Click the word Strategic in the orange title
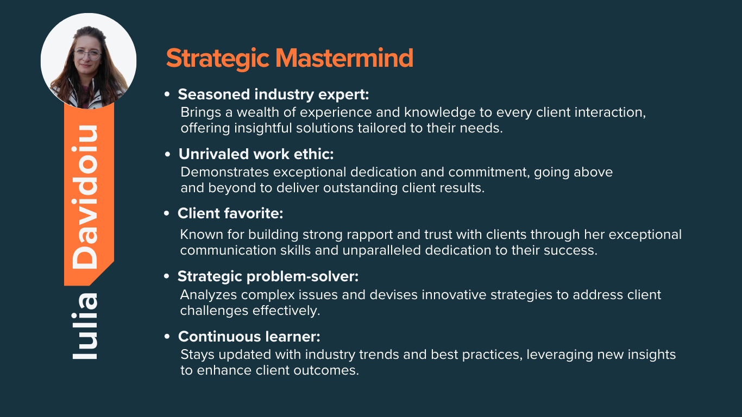pyautogui.click(x=217, y=59)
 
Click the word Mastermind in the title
pyautogui.click(x=344, y=58)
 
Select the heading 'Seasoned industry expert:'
pyautogui.click(x=273, y=94)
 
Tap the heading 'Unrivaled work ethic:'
pyautogui.click(x=256, y=154)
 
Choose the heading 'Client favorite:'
pyautogui.click(x=230, y=213)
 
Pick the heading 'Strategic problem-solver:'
pyautogui.click(x=268, y=276)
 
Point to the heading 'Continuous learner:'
pyautogui.click(x=249, y=337)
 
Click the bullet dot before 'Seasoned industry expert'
pyautogui.click(x=167, y=94)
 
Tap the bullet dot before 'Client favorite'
pyautogui.click(x=167, y=213)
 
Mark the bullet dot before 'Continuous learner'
pyautogui.click(x=167, y=337)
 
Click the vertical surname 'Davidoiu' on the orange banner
pyautogui.click(x=85, y=197)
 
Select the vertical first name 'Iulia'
pyautogui.click(x=85, y=326)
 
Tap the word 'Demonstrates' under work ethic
pyautogui.click(x=224, y=172)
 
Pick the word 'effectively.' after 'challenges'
pyautogui.click(x=286, y=311)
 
